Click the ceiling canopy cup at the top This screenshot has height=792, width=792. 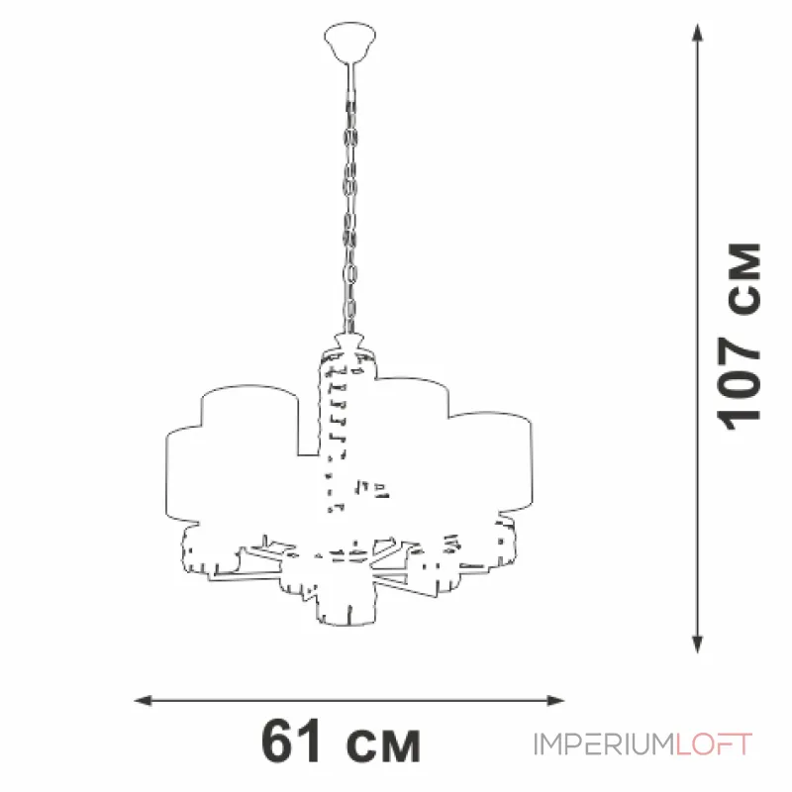click(x=350, y=42)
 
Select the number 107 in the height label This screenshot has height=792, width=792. click(x=739, y=383)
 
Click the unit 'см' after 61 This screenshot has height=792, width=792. click(x=383, y=747)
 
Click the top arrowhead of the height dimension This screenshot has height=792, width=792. click(x=698, y=32)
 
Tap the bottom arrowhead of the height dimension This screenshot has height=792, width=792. click(x=698, y=645)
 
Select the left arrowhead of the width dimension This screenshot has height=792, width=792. click(x=143, y=701)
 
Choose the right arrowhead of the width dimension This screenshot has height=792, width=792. click(x=555, y=701)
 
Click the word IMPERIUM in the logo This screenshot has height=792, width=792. click(x=605, y=744)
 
